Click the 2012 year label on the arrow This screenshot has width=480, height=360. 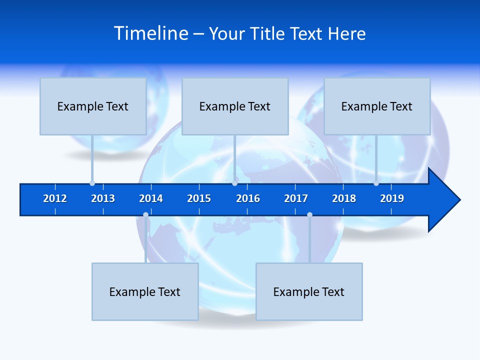click(55, 198)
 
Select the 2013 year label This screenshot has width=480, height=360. click(103, 198)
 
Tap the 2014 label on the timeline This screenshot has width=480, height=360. click(151, 198)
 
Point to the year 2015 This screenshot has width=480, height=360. click(199, 198)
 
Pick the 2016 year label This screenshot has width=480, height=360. click(248, 198)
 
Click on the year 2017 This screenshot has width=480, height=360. click(296, 198)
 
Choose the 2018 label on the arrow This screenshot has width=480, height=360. click(344, 198)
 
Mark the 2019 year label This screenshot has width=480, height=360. click(392, 198)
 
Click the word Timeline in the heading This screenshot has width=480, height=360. click(151, 33)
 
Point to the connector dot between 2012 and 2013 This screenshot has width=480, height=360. click(92, 183)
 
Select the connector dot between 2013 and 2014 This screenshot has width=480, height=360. click(145, 214)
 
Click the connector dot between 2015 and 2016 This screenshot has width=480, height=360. click(234, 183)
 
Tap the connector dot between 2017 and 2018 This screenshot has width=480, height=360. click(309, 214)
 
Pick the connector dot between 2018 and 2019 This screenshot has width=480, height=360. click(376, 183)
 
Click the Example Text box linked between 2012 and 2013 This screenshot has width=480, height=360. click(93, 106)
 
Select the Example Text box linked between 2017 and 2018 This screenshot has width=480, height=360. click(309, 291)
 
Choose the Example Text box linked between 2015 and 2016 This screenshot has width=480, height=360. click(235, 106)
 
